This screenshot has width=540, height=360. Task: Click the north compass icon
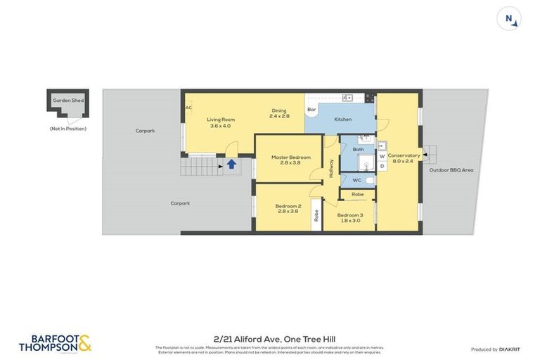tap(509, 18)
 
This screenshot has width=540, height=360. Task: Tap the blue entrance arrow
tap(231, 165)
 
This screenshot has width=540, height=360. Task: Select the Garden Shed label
tap(68, 101)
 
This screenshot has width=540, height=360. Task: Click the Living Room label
tap(221, 120)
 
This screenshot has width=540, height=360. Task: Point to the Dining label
tap(279, 110)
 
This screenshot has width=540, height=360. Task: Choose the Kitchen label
tap(342, 120)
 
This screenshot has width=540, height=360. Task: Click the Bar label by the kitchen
tap(311, 110)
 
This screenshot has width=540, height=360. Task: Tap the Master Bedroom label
tap(290, 157)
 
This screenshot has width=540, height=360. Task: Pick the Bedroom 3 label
tap(349, 215)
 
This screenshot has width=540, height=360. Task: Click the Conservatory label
tap(404, 155)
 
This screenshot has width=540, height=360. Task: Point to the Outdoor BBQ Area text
tap(452, 169)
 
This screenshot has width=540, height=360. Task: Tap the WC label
tap(356, 181)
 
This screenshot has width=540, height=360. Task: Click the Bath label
tap(358, 149)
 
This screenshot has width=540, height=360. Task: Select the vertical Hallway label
tap(331, 169)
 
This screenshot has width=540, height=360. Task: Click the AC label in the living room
tap(188, 108)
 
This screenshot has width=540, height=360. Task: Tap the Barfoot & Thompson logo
tap(54, 343)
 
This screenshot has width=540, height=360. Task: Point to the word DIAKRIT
tap(508, 349)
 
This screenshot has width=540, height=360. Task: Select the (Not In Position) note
tap(68, 129)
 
